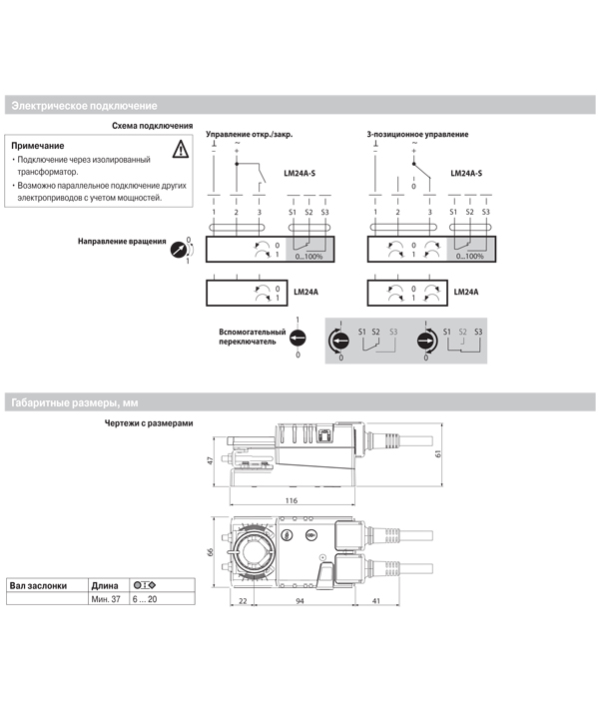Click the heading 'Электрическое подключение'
tap(83, 105)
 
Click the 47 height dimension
tap(211, 461)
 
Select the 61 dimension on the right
tap(439, 452)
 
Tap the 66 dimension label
tap(211, 553)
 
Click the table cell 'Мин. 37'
tap(105, 598)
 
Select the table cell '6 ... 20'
tap(145, 598)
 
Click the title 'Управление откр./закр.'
tap(249, 135)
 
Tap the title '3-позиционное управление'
tap(416, 135)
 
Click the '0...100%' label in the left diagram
tap(309, 257)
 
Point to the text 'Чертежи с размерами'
tap(148, 422)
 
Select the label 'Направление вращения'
tap(122, 242)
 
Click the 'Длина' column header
tap(104, 585)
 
